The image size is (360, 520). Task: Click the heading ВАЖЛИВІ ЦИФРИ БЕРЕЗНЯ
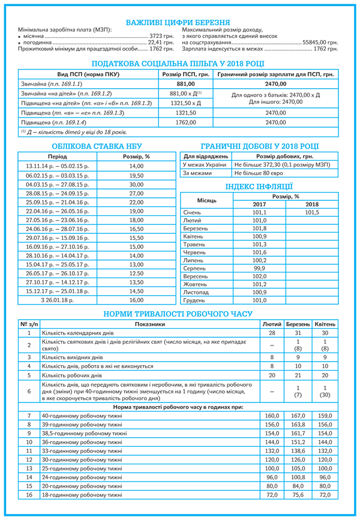click(x=180, y=22)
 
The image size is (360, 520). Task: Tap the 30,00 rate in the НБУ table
click(x=136, y=185)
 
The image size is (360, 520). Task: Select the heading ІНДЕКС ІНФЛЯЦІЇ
click(x=259, y=186)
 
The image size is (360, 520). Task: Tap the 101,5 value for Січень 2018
click(x=312, y=212)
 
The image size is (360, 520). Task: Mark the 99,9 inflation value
click(x=259, y=269)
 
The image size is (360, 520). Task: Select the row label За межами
click(x=197, y=173)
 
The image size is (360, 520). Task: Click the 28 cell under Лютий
click(x=272, y=332)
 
